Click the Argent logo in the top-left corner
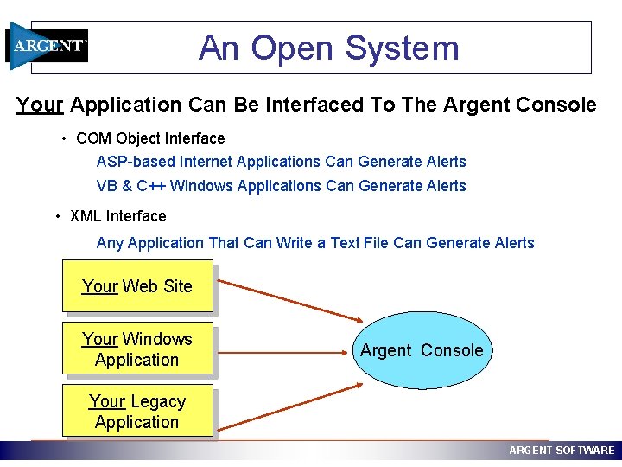48,46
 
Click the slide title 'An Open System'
328,48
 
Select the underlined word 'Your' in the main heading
40,106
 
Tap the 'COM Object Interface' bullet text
150,138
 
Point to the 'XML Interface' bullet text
117,216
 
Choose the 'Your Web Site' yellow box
137,286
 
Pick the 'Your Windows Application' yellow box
137,349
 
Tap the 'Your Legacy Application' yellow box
137,412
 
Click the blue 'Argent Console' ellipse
422,350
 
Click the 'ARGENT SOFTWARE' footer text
562,451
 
